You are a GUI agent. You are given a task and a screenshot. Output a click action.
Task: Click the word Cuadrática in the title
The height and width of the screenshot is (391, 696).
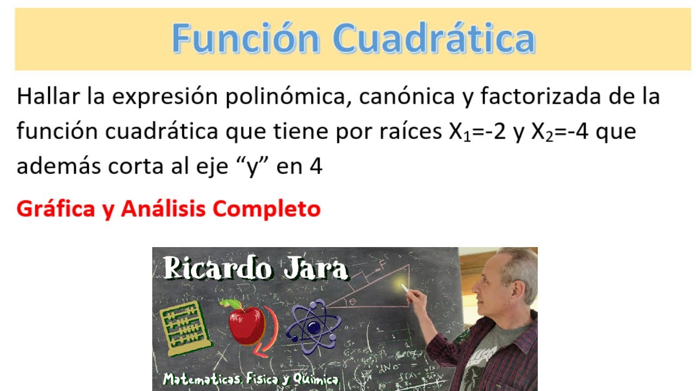click(434, 39)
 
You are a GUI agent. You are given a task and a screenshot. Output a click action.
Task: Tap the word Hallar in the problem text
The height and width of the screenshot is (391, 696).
click(48, 97)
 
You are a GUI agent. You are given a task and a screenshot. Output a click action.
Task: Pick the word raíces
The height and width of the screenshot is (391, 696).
click(413, 132)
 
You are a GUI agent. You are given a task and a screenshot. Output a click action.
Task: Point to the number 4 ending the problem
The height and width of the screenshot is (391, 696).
click(316, 166)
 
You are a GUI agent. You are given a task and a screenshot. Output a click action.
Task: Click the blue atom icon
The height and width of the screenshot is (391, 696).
click(313, 326)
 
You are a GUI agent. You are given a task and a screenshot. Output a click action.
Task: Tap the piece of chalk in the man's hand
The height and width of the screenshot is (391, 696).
click(406, 287)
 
